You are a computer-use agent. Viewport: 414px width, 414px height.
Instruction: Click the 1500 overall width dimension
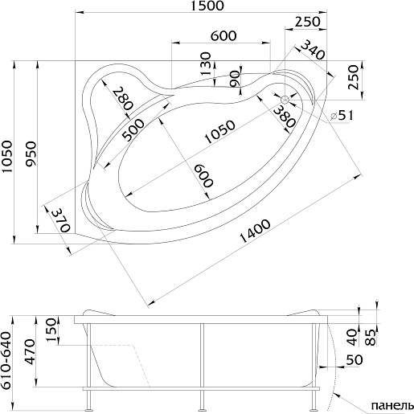(x=207, y=6)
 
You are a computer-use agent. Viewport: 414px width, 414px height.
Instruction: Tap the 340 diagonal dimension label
(x=313, y=50)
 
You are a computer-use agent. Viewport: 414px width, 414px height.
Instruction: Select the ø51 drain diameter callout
(x=342, y=116)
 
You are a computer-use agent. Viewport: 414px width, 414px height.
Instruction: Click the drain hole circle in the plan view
(x=285, y=100)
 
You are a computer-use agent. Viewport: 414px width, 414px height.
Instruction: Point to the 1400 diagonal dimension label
(x=255, y=231)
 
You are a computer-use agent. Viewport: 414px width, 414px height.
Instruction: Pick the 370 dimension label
(x=61, y=220)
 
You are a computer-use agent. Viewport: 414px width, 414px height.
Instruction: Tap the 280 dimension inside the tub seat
(x=122, y=99)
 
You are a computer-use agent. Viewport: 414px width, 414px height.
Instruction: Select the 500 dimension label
(x=133, y=130)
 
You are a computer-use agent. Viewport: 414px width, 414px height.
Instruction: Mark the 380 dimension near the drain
(x=285, y=117)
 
